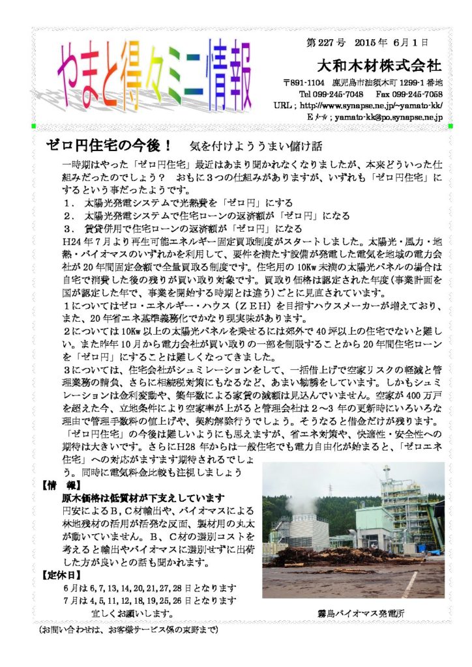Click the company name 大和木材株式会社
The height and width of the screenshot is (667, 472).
[x=379, y=66]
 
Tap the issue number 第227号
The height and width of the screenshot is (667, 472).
[x=325, y=43]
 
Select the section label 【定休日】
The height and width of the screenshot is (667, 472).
[x=60, y=575]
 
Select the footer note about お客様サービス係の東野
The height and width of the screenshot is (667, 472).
[x=128, y=631]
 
